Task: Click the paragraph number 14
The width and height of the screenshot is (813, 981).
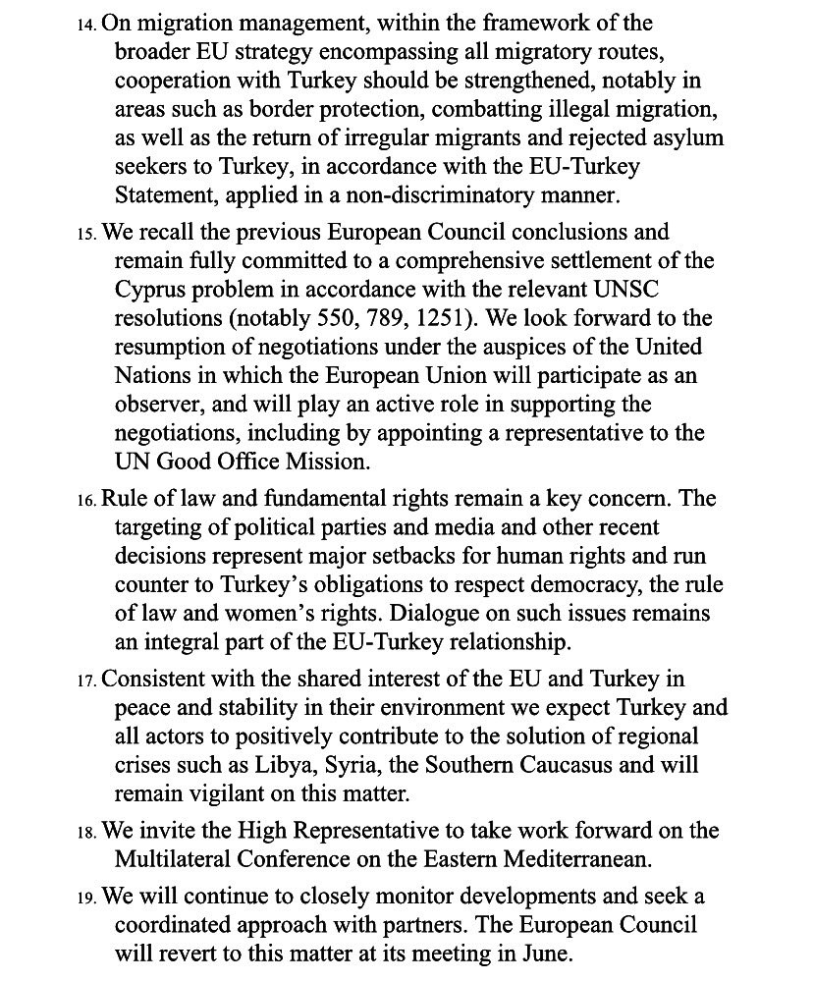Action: (86, 24)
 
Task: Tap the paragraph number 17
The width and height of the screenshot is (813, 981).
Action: (86, 681)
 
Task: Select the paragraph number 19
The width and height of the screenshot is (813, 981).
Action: (86, 899)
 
